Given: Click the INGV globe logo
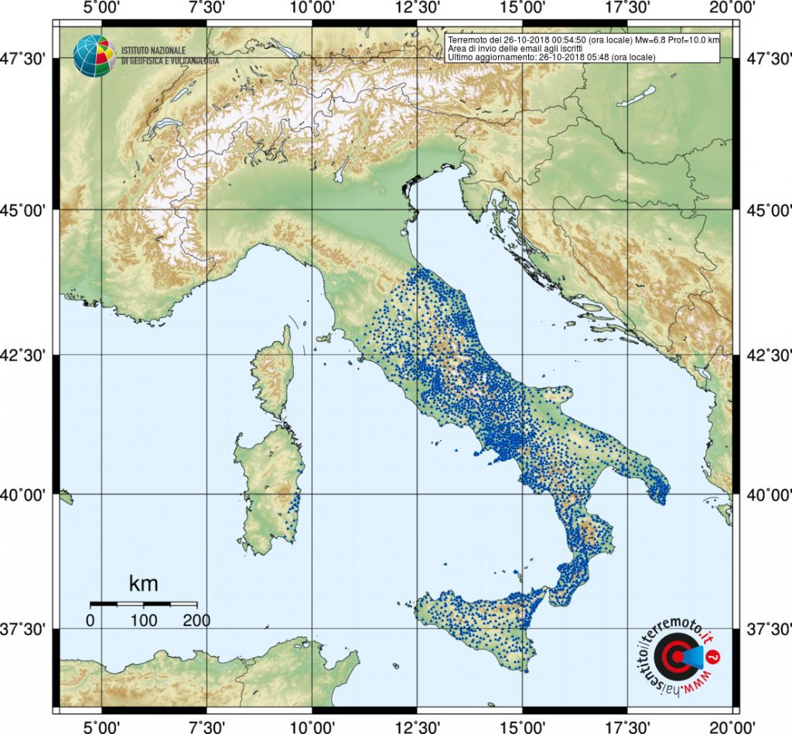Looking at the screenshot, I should [x=93, y=55].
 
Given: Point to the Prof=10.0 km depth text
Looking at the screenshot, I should [x=694, y=39].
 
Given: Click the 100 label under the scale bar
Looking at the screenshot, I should [x=144, y=620].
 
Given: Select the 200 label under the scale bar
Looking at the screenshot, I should [x=196, y=620].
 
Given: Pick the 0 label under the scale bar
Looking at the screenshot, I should [x=90, y=620].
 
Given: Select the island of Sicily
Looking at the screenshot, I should [x=480, y=626].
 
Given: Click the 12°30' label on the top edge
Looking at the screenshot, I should [x=417, y=9].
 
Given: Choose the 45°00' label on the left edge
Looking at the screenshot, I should [x=29, y=210].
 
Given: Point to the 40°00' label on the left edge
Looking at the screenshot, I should [x=29, y=493].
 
